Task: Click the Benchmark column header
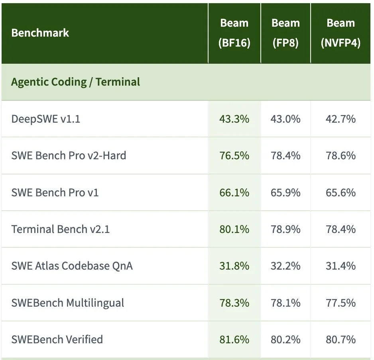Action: (x=40, y=33)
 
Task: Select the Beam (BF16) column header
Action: (x=234, y=33)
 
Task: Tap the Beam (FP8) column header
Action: (x=285, y=33)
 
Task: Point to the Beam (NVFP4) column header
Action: (x=341, y=33)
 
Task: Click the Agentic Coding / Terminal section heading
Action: (x=75, y=82)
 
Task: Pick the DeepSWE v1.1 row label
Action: (x=45, y=119)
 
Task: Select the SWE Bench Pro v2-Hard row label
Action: (x=69, y=156)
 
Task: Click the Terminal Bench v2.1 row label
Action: (x=60, y=229)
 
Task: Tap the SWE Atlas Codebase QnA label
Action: (x=72, y=266)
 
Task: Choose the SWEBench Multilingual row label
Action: (x=67, y=303)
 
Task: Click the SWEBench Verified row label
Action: (x=57, y=340)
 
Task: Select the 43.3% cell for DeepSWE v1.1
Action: (x=234, y=119)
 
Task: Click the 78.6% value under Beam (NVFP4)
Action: (x=341, y=156)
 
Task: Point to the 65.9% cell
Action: (x=285, y=192)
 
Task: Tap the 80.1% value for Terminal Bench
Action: (x=234, y=229)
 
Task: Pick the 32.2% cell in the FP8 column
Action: (x=285, y=266)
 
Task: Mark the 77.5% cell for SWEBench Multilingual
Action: (x=341, y=303)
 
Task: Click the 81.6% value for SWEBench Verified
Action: (x=234, y=340)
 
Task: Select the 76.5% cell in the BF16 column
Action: (x=234, y=156)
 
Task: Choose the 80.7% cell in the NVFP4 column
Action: (x=341, y=340)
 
